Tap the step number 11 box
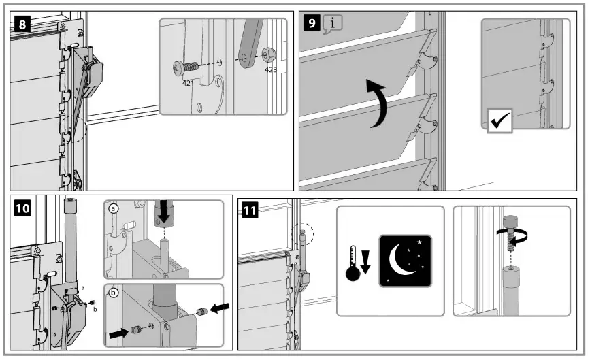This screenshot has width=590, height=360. tap(250, 210)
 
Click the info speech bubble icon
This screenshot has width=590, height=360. tap(332, 24)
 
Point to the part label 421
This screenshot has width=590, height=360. tap(189, 82)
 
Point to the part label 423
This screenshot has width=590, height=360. tap(270, 69)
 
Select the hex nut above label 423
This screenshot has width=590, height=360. tap(268, 54)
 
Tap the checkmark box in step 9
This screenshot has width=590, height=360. tap(502, 123)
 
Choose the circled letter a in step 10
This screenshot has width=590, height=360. tap(112, 210)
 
